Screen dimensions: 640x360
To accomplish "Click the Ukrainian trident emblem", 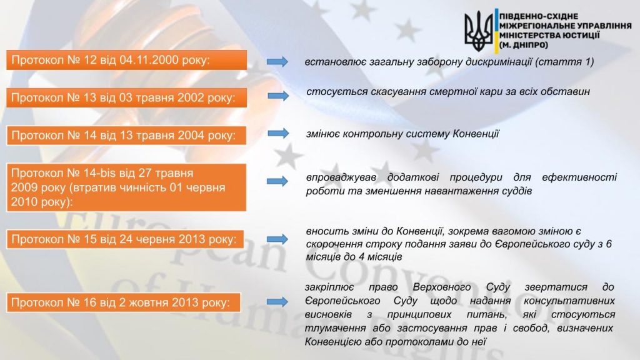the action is tap(478, 31).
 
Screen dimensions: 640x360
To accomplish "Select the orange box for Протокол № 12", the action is tap(126, 60).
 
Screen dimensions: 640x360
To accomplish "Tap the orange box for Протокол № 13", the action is tap(126, 97).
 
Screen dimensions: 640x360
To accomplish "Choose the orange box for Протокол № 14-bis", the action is tap(126, 187).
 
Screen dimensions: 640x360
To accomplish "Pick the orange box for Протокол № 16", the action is tap(124, 302).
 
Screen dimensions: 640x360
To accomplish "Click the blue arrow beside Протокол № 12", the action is tap(277, 62).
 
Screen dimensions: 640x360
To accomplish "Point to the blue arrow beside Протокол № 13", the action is tap(278, 96).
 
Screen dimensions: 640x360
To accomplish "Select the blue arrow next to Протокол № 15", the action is tap(277, 239).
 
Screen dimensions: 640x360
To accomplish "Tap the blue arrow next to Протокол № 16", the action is tap(277, 302).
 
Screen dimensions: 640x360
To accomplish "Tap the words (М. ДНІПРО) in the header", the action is tap(524, 45).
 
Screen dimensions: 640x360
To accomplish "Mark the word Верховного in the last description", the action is tap(442, 287).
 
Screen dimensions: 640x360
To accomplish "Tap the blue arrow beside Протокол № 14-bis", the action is tap(277, 181).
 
